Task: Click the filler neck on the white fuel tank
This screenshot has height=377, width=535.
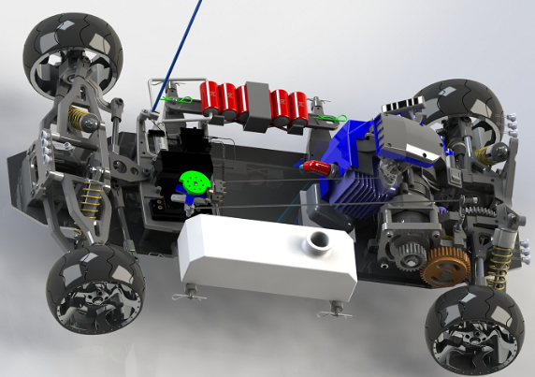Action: click(319, 243)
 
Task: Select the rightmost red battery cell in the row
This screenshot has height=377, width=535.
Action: click(299, 105)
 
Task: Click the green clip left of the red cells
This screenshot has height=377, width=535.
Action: click(170, 98)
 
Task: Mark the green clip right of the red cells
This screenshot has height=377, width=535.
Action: click(325, 118)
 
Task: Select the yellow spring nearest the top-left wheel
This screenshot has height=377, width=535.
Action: click(80, 118)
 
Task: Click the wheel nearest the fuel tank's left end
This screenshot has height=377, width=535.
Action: click(96, 290)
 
